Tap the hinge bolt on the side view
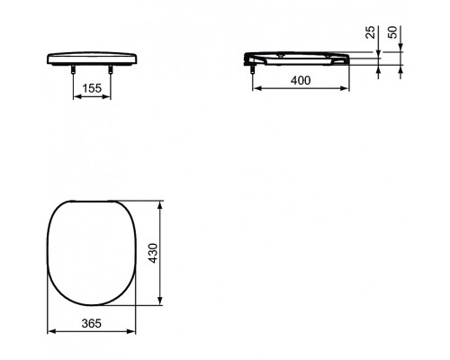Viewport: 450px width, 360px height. (253, 66)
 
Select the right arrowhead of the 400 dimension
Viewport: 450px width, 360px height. (348, 89)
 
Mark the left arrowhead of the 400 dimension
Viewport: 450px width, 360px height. (254, 89)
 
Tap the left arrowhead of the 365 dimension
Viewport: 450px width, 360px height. (48, 331)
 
